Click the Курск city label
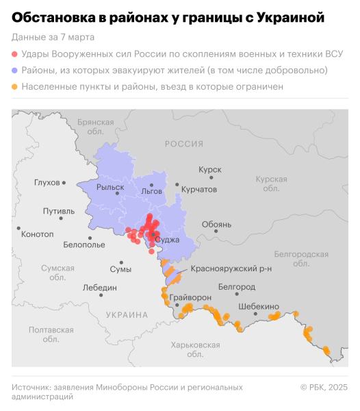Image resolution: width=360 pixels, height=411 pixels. [209, 169]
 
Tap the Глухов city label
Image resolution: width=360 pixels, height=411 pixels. [47, 183]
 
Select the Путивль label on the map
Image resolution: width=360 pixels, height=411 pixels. [58, 212]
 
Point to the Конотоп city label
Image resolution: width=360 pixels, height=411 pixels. [38, 234]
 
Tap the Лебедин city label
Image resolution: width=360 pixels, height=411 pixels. [99, 288]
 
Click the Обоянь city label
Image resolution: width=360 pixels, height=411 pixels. [216, 224]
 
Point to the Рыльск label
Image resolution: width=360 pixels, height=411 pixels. [110, 187]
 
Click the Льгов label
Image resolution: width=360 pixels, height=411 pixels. [151, 192]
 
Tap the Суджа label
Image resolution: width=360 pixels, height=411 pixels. [167, 240]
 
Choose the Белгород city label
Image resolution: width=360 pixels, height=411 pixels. [237, 287]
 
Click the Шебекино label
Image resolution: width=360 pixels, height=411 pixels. [259, 307]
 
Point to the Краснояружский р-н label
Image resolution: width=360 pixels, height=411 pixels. [231, 269]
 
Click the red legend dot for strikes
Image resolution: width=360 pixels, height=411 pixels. [15, 53]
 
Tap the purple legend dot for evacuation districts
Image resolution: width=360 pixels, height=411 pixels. [15, 71]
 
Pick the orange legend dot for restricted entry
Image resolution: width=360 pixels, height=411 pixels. [15, 87]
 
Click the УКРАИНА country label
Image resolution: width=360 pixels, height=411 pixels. [127, 315]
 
